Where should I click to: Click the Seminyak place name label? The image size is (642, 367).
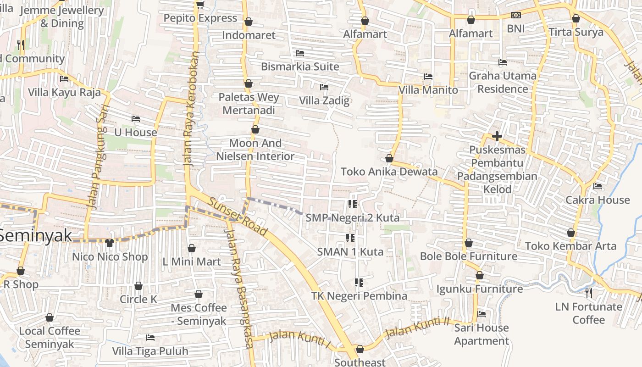coord(36,235)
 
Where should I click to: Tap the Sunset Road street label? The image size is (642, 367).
coord(237,217)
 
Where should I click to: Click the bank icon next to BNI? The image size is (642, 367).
coord(516,16)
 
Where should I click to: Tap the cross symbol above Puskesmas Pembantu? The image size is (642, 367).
coord(497,136)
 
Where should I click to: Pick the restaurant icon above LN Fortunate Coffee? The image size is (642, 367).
coord(589,293)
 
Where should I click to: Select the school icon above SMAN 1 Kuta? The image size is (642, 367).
coord(351,238)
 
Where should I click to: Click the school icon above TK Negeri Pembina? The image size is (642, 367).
coord(359,282)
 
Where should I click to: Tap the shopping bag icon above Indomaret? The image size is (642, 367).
coord(249,22)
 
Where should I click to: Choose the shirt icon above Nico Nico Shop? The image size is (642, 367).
coord(109,243)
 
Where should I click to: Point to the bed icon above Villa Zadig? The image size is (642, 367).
coord(324,87)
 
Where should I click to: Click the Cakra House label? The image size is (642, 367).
coord(598,200)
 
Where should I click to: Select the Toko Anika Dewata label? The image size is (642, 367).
coord(389,172)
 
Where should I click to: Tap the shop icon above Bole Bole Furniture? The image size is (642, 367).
coord(469,242)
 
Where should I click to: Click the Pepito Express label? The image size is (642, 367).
coord(200,18)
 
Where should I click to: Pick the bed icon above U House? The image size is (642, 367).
coord(135,119)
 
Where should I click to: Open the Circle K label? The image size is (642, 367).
coord(138,300)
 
